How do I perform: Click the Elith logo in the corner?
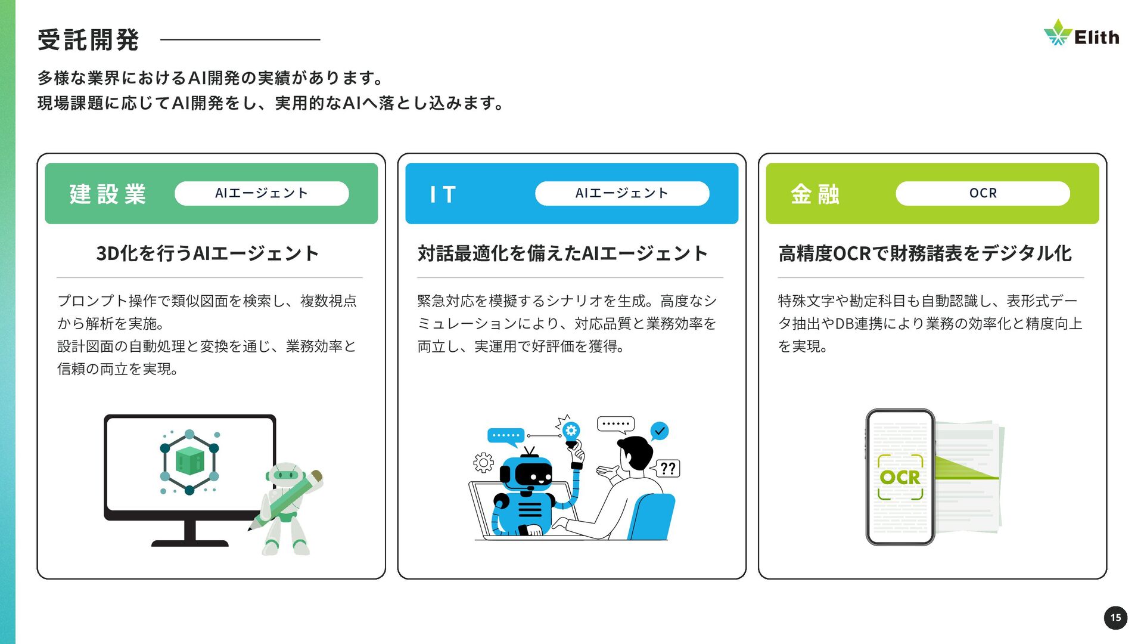point(1081,35)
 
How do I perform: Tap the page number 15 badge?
point(1115,617)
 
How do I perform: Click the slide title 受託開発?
point(88,40)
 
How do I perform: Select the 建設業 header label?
point(108,194)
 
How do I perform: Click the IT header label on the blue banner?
point(443,194)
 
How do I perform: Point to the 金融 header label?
point(815,194)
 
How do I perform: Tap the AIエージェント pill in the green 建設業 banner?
point(262,193)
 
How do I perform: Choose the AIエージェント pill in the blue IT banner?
point(622,193)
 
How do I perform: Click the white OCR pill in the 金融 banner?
point(983,193)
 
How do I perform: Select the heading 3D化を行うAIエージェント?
point(207,253)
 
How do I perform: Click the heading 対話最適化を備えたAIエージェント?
point(562,253)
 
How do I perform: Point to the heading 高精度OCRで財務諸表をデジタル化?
point(925,253)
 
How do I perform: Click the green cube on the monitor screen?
point(190,460)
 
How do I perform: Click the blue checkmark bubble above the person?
point(659,431)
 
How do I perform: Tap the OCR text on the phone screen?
point(900,477)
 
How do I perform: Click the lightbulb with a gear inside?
point(571,432)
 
